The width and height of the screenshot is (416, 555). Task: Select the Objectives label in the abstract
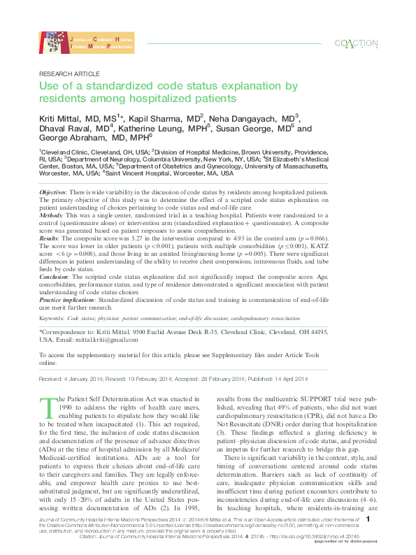tap(52, 191)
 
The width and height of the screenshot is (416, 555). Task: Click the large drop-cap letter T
tap(48, 405)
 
